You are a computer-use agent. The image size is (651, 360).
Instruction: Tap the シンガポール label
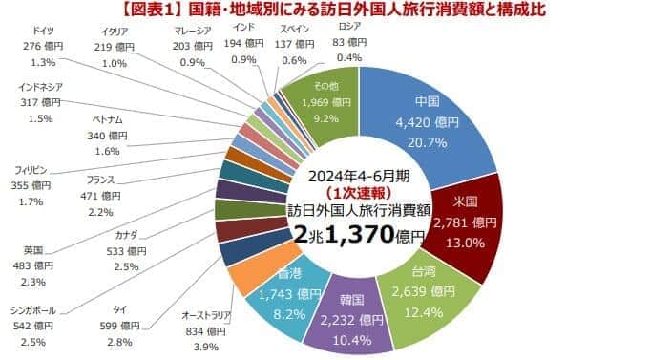pos(35,310)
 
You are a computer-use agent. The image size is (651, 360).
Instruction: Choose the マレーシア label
pos(174,30)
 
